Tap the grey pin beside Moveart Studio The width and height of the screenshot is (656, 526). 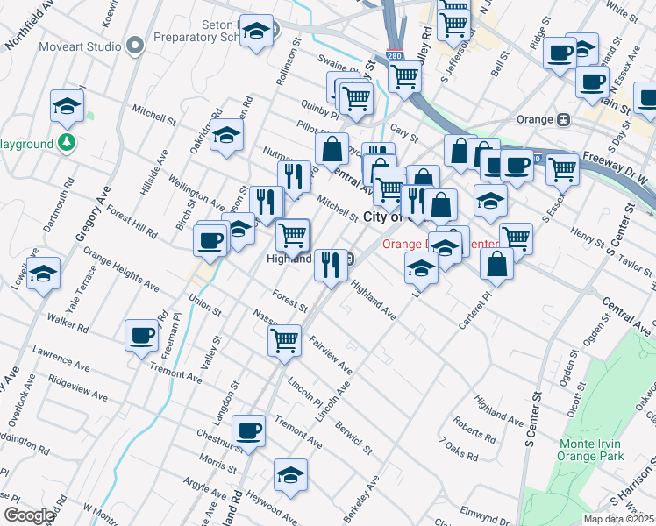click(134, 44)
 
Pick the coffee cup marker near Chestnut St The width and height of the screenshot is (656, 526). click(249, 430)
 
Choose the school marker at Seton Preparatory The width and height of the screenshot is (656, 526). click(256, 31)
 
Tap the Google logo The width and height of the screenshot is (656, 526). click(28, 515)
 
